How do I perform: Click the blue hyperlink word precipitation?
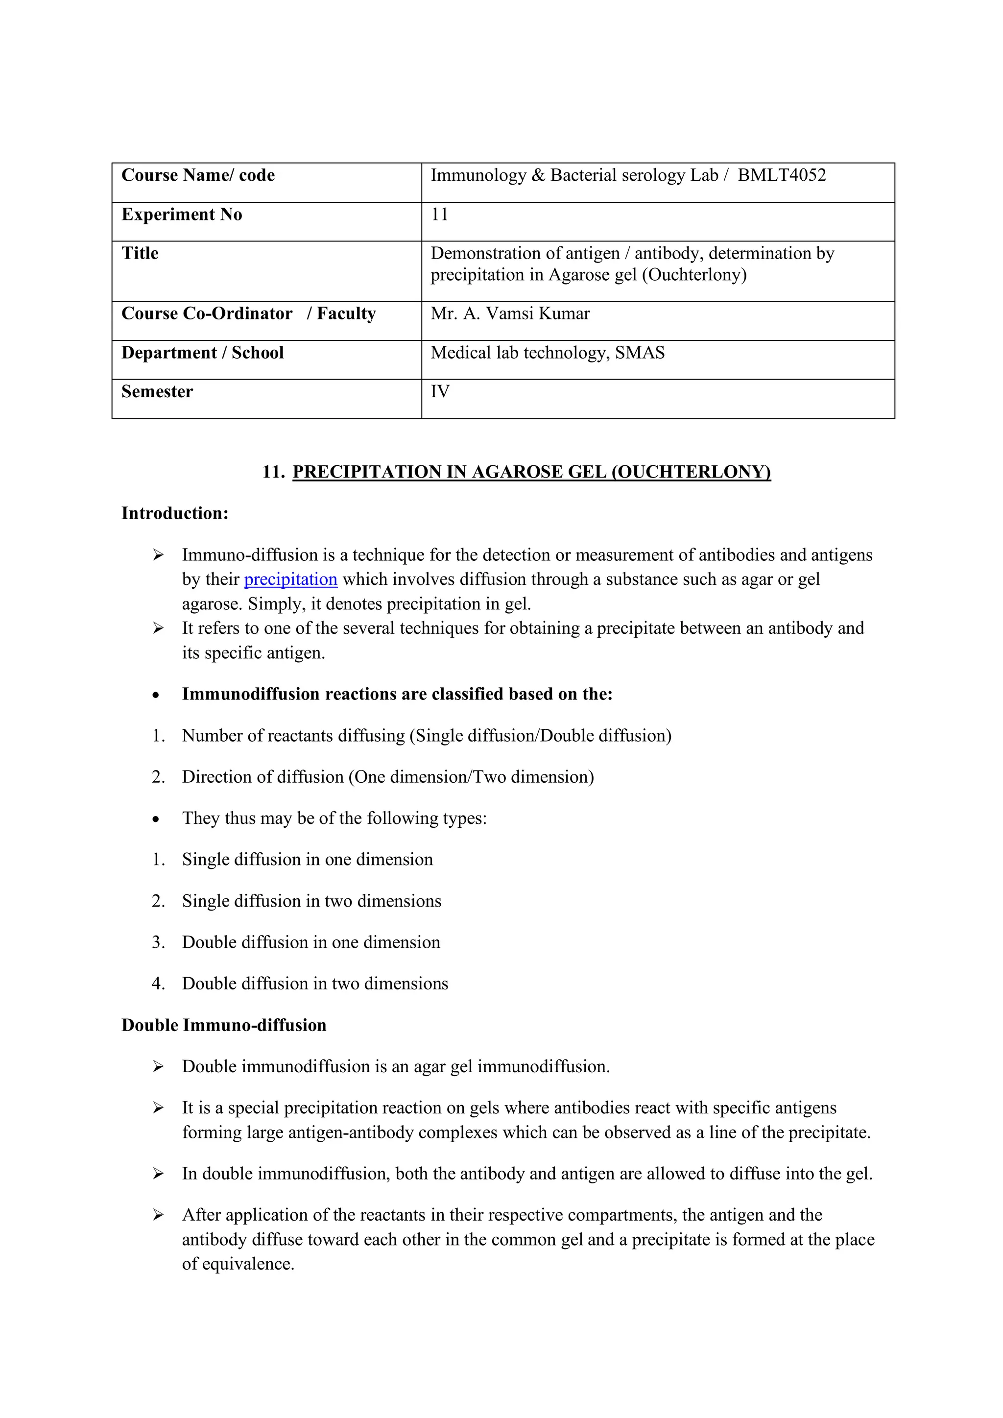point(290,579)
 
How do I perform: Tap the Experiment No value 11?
point(439,215)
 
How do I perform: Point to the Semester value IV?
point(440,391)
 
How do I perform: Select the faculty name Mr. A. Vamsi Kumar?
point(510,314)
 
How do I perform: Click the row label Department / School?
point(203,353)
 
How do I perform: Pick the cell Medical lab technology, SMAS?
point(547,353)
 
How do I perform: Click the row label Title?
point(140,253)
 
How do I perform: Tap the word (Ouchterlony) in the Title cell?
point(694,275)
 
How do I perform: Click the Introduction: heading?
point(175,513)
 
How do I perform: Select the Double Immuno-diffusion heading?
point(224,1025)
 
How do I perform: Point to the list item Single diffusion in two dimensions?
point(311,901)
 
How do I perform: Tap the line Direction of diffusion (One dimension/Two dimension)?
point(388,777)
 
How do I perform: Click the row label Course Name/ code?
point(198,175)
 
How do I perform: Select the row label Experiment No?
point(182,215)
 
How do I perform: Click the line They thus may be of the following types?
point(334,818)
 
